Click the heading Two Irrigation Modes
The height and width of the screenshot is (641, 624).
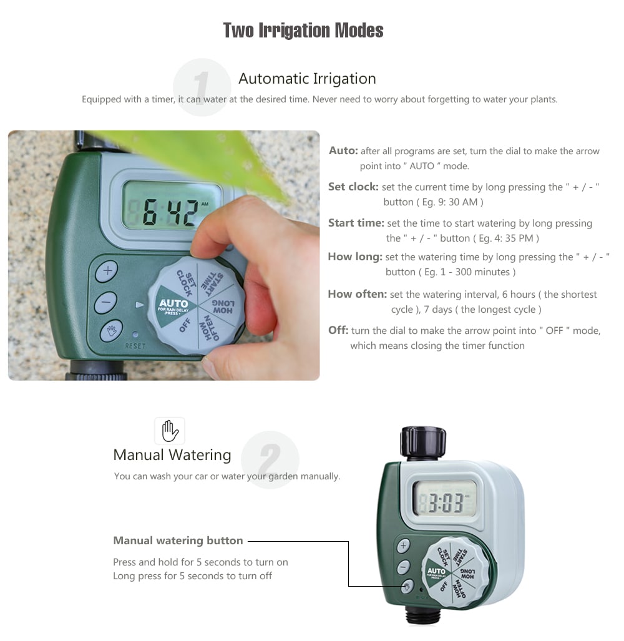303,30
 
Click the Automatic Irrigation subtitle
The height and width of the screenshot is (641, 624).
307,79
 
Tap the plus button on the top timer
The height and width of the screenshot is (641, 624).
107,271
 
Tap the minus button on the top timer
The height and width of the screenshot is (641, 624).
106,302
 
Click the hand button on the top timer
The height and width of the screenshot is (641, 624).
112,330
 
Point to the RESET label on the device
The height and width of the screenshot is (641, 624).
135,346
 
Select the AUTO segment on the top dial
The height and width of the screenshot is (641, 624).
173,305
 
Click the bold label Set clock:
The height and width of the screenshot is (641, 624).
353,187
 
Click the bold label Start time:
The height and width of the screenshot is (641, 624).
356,223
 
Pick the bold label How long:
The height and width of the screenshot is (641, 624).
355,257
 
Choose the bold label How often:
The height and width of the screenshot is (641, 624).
357,294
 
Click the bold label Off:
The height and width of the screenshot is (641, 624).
338,330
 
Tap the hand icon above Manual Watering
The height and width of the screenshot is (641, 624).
170,431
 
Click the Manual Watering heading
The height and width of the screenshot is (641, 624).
172,455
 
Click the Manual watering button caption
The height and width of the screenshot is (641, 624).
178,541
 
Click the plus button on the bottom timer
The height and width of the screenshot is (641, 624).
403,546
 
